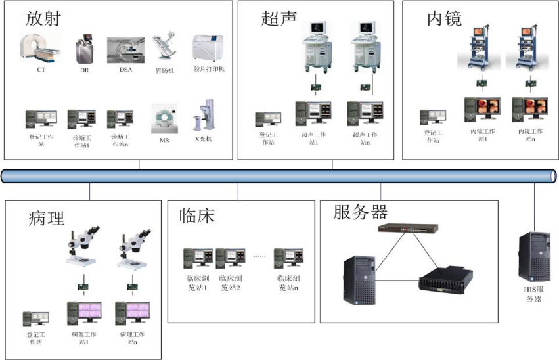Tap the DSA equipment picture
[x=125, y=49]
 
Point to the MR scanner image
[x=165, y=119]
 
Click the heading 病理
[x=47, y=218]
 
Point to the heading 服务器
[x=361, y=212]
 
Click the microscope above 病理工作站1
[x=82, y=246]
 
